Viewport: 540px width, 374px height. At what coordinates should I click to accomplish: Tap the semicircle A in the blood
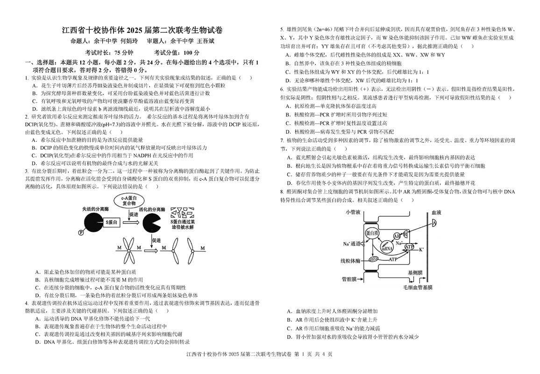tap(434, 223)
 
